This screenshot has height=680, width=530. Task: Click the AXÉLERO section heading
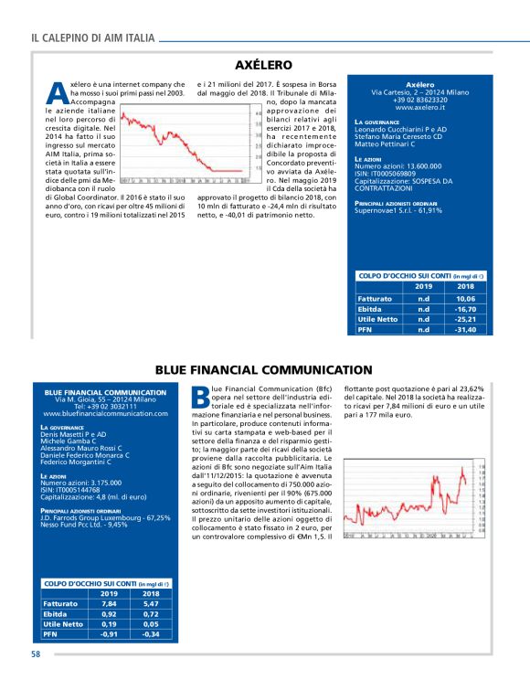coord(263,66)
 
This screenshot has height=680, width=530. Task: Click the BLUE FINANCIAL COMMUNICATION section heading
coord(263,370)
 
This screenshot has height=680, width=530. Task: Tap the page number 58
coord(36,654)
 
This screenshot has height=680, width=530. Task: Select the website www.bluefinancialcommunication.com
coord(106,413)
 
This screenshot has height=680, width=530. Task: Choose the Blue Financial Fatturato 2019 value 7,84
coord(109,603)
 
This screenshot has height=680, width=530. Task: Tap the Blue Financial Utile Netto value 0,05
coord(151,623)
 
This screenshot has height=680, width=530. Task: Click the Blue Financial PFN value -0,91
coord(109,633)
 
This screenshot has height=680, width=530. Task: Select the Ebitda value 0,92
coord(109,613)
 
